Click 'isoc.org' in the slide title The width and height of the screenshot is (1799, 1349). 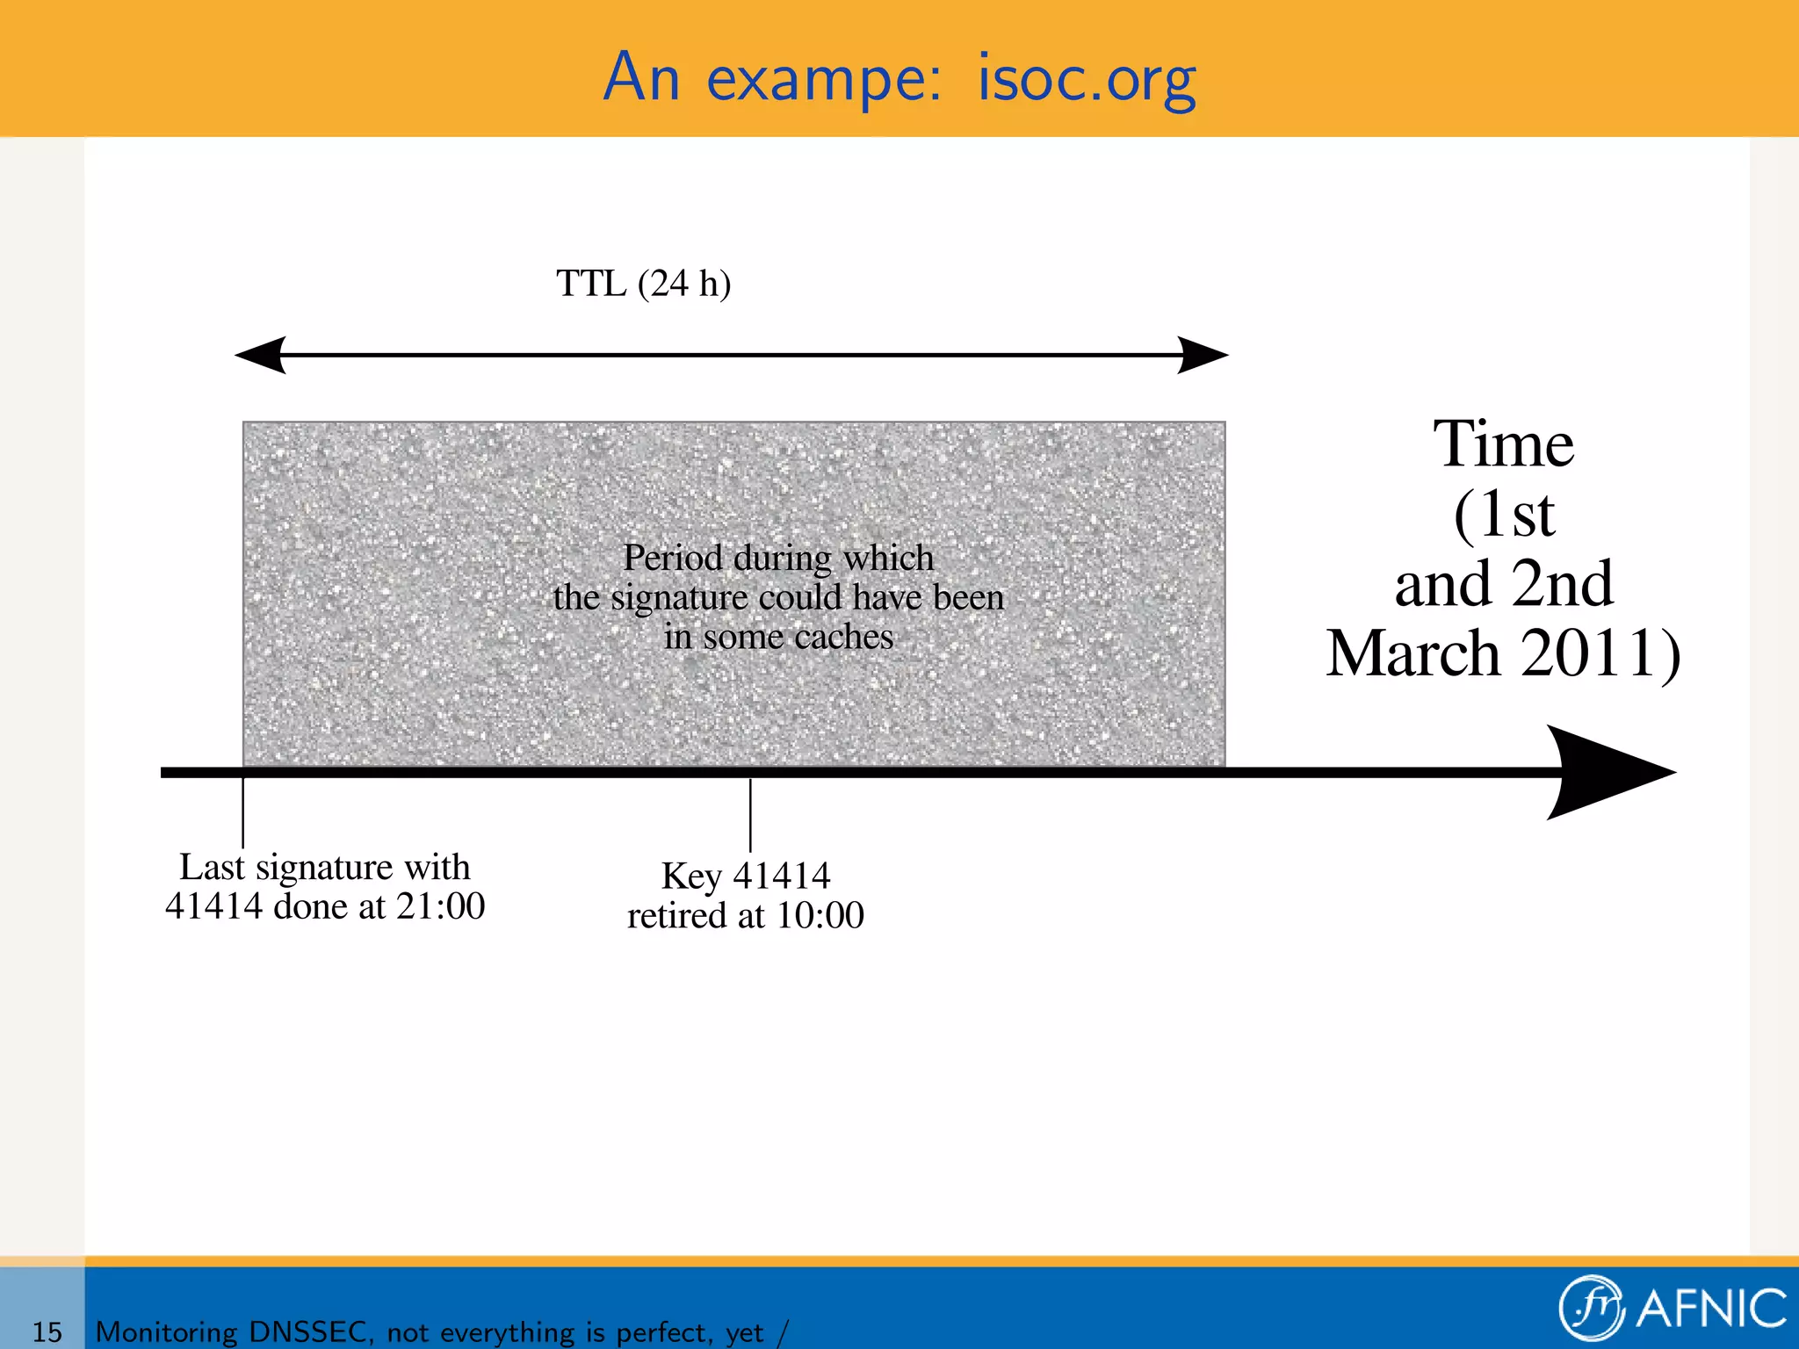(x=1087, y=79)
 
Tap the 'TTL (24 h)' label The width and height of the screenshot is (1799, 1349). (x=643, y=284)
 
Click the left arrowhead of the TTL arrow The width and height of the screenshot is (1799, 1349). (x=262, y=355)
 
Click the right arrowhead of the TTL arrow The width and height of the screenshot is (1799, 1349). (x=1202, y=355)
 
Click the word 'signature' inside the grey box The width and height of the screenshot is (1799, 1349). (x=679, y=598)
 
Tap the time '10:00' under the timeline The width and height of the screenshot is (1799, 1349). (x=820, y=916)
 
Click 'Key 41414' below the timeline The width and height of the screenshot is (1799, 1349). (x=745, y=876)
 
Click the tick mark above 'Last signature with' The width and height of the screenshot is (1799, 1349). (x=243, y=812)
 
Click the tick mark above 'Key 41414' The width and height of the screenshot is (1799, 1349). (x=750, y=815)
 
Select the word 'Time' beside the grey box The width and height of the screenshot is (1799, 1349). (x=1503, y=444)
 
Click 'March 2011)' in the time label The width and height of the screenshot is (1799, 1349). (x=1503, y=653)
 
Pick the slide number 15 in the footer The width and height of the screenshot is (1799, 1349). (x=47, y=1331)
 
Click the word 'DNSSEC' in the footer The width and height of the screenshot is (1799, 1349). (x=308, y=1331)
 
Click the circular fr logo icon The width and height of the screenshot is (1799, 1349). (x=1591, y=1308)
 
